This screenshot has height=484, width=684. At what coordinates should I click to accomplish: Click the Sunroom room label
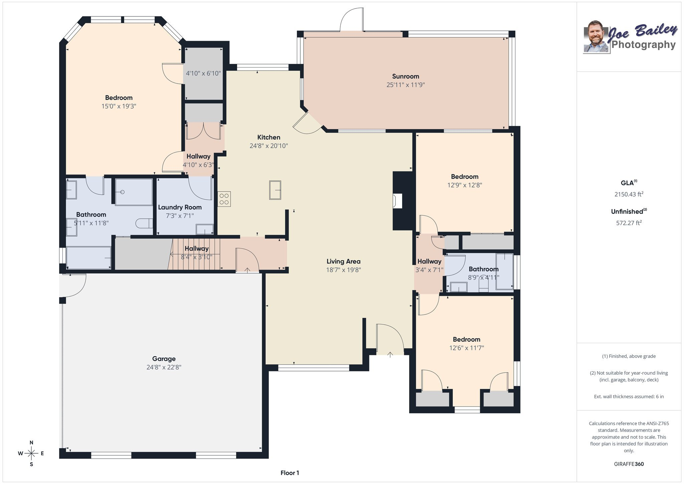coord(405,76)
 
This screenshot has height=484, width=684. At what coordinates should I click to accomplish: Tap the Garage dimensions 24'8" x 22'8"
coord(164,367)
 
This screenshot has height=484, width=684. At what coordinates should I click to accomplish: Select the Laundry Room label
coord(180,207)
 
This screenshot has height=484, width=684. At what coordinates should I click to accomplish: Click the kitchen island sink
coord(275,190)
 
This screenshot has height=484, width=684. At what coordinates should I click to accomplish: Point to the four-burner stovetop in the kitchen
coord(224,199)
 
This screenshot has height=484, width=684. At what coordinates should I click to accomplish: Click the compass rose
coord(31,453)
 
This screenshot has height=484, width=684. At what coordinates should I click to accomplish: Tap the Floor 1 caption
coord(290,473)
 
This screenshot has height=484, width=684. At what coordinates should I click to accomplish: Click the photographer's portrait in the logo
coord(595,37)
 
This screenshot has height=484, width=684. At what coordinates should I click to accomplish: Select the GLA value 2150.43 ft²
coord(629,194)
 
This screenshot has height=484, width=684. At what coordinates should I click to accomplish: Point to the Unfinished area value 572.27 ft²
coord(629,223)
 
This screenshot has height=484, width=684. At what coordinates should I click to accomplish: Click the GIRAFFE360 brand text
coord(629,464)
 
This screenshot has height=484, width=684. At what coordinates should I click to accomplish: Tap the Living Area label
coord(343,261)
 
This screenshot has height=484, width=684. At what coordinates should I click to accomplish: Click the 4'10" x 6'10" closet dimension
coord(203,73)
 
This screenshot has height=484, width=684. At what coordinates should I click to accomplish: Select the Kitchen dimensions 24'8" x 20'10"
coord(269,146)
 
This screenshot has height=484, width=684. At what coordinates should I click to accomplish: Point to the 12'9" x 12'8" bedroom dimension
coord(465,185)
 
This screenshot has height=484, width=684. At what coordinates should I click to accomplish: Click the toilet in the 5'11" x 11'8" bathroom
coord(145,223)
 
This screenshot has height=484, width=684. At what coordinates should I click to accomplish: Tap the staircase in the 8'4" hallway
coord(194,254)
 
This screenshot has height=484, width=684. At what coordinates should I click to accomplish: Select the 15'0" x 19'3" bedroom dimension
coord(119,106)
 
